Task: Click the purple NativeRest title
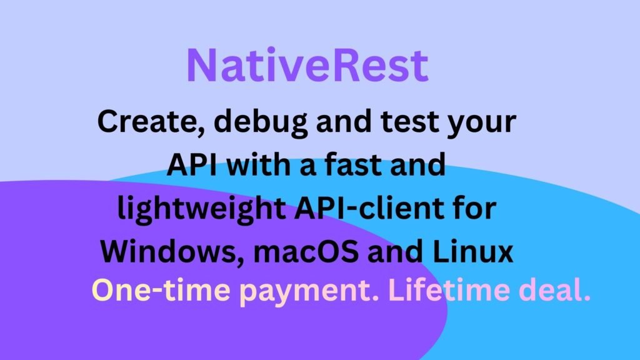tap(307, 65)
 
